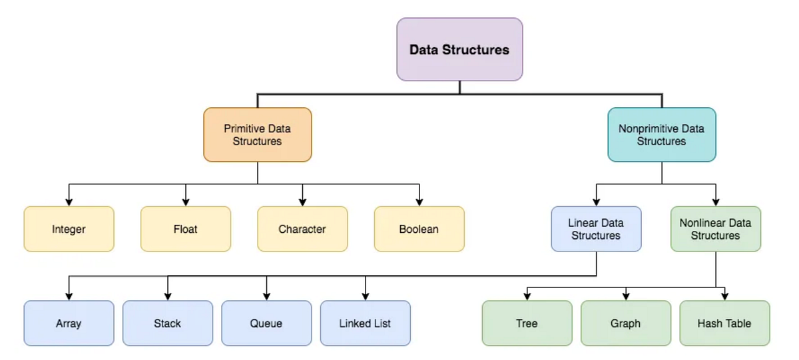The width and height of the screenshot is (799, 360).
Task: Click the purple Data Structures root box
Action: [459, 49]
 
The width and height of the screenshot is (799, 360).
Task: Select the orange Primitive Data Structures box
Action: [258, 134]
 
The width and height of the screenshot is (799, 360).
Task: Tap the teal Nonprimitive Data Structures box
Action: [661, 134]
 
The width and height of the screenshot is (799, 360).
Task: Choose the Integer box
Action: [69, 229]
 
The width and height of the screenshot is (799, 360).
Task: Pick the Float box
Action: [186, 229]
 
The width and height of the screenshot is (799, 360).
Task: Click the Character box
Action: [302, 229]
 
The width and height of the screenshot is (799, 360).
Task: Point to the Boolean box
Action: [419, 229]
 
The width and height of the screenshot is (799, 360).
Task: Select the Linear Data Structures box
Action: [596, 229]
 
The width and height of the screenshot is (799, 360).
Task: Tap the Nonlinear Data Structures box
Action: [715, 229]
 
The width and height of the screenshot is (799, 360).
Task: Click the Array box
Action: [69, 323]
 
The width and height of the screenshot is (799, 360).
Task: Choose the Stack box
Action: [167, 323]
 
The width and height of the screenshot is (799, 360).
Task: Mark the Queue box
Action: [266, 323]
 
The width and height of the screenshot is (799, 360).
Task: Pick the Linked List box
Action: [365, 323]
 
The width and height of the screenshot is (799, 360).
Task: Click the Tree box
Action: [527, 323]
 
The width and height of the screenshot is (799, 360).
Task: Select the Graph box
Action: [625, 323]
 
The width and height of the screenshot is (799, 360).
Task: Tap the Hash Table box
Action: [724, 323]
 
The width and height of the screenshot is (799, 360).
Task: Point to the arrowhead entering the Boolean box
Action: [419, 202]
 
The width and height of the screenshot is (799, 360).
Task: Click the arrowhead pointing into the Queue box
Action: [266, 297]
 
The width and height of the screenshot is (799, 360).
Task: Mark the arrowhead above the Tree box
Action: [527, 297]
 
